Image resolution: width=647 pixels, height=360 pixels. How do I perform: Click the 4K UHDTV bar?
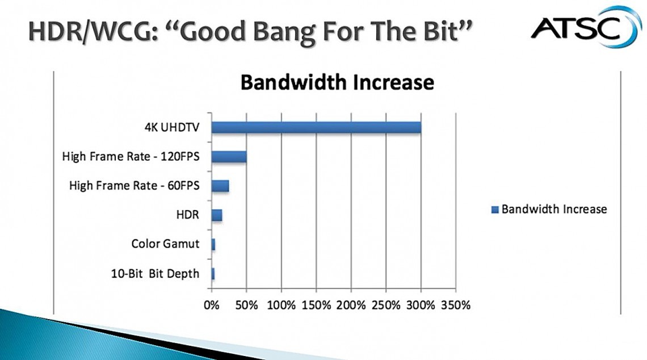coord(317,128)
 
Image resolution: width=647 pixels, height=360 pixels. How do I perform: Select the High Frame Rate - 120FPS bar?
coord(229,157)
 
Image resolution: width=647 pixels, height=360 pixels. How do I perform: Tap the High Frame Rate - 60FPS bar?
coord(220,186)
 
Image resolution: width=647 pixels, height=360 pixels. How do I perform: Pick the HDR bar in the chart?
coord(217,215)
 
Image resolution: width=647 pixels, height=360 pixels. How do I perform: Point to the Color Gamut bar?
coord(213,244)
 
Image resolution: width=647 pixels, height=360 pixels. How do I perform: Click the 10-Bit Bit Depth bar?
coord(213,274)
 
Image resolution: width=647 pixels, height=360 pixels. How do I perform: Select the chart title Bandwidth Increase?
coord(337,82)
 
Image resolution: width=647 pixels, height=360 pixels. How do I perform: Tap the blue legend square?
coord(495,210)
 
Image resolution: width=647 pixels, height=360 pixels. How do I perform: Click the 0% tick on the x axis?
coord(212,305)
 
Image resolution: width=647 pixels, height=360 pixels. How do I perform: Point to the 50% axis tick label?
coord(246,305)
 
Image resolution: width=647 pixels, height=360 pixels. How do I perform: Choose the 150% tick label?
coord(316,305)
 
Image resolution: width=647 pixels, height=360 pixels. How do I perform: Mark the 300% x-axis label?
coord(421,305)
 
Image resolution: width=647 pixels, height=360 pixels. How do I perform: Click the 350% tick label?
coord(456,305)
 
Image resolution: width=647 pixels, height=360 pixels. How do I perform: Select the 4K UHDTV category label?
coord(171,127)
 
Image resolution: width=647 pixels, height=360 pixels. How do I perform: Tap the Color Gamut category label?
coord(165,244)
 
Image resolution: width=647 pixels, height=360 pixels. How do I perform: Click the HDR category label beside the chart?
coord(187,215)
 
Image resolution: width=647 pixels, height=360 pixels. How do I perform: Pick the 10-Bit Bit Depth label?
coord(155,274)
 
